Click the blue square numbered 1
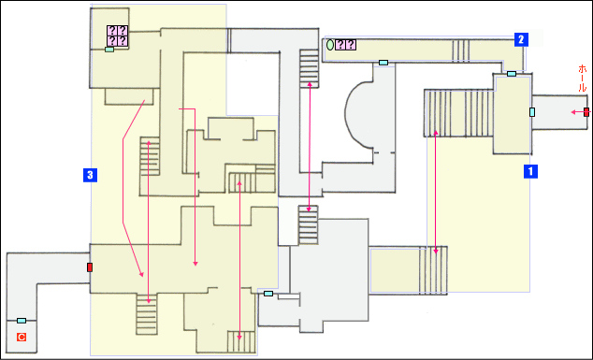pyautogui.click(x=530, y=171)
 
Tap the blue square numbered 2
pyautogui.click(x=521, y=39)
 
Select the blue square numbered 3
pyautogui.click(x=90, y=175)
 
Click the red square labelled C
pyautogui.click(x=22, y=337)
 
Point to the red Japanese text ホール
pyautogui.click(x=583, y=79)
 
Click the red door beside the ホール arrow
pyautogui.click(x=586, y=112)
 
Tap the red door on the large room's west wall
pyautogui.click(x=90, y=267)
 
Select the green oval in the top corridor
pyautogui.click(x=330, y=45)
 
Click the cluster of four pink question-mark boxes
pyautogui.click(x=117, y=36)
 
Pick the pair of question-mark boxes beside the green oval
pyautogui.click(x=346, y=45)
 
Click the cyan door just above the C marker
pyautogui.click(x=22, y=321)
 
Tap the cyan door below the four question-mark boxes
pyautogui.click(x=109, y=50)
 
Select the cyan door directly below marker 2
pyautogui.click(x=512, y=74)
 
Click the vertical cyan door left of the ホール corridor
pyautogui.click(x=532, y=112)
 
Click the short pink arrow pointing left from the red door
pyautogui.click(x=577, y=112)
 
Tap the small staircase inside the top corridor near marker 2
pyautogui.click(x=460, y=50)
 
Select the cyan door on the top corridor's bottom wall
pyautogui.click(x=383, y=63)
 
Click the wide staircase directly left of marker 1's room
pyautogui.click(x=459, y=113)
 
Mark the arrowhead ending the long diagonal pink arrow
pyautogui.click(x=142, y=275)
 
